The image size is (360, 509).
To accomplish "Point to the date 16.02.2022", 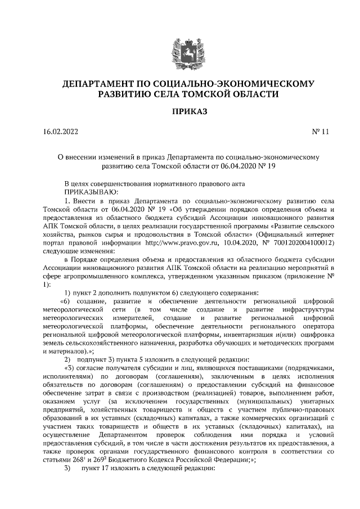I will coord(61,133).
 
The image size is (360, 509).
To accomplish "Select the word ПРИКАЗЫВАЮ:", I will coord(90,192).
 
